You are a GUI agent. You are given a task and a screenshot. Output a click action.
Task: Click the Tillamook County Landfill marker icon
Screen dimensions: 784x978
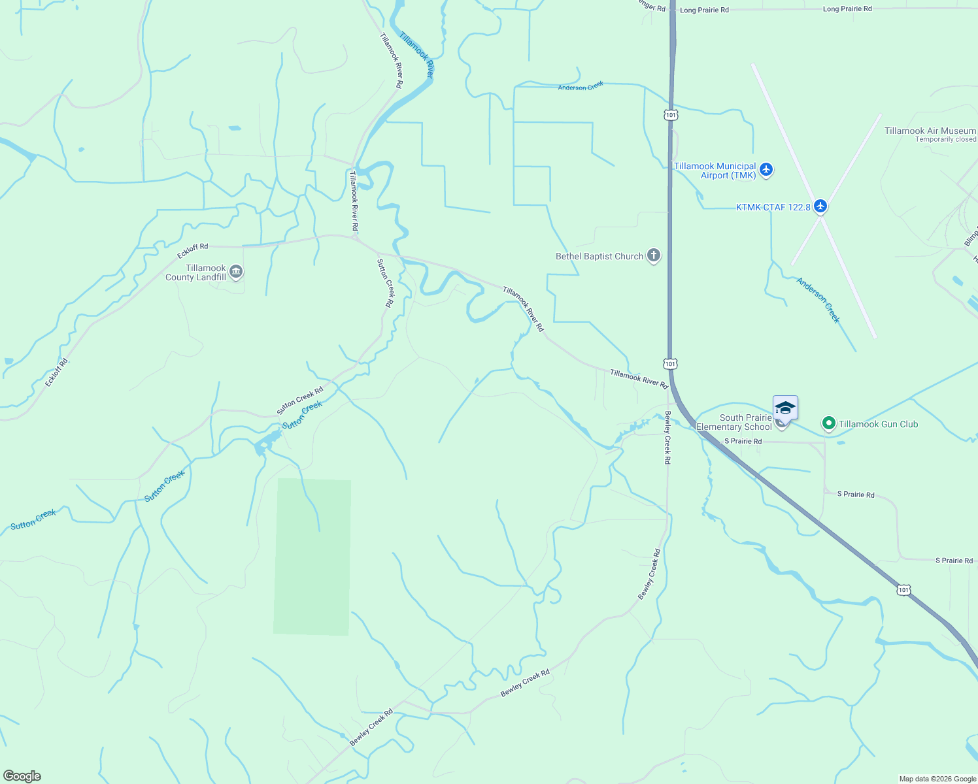click(236, 272)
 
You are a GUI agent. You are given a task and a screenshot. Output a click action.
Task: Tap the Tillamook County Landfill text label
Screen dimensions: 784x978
click(195, 272)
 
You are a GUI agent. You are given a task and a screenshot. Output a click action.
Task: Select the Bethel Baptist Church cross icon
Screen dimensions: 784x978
click(653, 255)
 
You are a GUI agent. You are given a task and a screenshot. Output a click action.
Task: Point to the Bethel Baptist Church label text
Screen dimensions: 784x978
click(599, 256)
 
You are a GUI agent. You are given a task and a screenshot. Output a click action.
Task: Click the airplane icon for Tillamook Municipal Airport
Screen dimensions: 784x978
click(766, 170)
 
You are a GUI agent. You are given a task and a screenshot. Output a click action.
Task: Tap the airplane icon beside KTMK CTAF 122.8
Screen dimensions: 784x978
click(820, 206)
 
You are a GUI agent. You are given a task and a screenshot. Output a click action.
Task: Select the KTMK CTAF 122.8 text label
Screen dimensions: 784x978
click(773, 207)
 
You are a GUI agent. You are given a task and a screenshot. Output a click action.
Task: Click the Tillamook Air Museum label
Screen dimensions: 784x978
click(930, 131)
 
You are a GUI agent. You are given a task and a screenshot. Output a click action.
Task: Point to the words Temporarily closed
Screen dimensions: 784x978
click(945, 139)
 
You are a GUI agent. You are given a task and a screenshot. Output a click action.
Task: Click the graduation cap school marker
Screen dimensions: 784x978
click(784, 408)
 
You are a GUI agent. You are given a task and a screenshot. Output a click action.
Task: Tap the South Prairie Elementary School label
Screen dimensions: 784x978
click(734, 422)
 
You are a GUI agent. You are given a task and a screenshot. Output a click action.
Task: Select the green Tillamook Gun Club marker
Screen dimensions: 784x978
click(828, 424)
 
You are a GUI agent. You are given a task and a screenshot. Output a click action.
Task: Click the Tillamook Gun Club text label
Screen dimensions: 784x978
click(878, 424)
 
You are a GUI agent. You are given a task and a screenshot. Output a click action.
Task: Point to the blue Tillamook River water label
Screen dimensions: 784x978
click(416, 56)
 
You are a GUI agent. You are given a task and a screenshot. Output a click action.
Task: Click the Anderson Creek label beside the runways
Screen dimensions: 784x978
click(817, 300)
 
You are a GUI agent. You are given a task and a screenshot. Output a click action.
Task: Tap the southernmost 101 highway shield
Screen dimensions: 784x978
click(903, 589)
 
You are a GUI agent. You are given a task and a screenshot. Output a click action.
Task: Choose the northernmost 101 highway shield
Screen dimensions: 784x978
click(671, 115)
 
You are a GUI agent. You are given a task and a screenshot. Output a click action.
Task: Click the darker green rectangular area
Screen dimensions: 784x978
click(312, 557)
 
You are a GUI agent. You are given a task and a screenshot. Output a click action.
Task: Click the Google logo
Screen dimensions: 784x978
click(22, 776)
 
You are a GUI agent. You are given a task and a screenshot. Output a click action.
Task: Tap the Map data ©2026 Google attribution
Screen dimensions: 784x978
click(937, 779)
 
